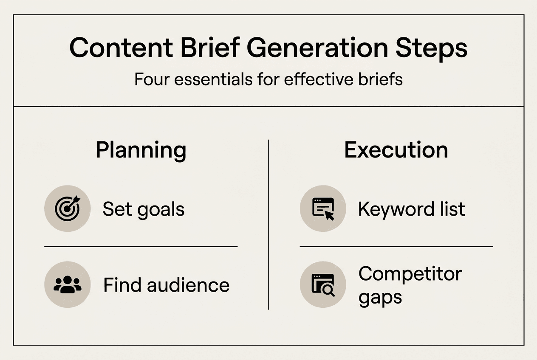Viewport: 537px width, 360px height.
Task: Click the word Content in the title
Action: click(x=121, y=48)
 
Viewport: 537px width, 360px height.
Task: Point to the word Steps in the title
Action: click(x=431, y=49)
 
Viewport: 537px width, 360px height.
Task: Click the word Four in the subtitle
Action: click(x=152, y=79)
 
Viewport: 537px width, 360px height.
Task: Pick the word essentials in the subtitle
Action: click(x=213, y=79)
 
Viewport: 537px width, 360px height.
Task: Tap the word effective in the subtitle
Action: click(x=319, y=79)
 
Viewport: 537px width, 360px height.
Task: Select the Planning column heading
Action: click(x=141, y=151)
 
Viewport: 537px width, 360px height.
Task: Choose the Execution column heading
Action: click(x=396, y=150)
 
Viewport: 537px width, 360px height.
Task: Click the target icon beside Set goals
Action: click(x=68, y=208)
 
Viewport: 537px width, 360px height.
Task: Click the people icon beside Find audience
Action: click(x=68, y=284)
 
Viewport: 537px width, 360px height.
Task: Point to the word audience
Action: click(x=188, y=285)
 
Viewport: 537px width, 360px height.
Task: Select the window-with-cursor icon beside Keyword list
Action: click(x=323, y=208)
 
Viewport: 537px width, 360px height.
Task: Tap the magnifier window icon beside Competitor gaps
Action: click(x=323, y=285)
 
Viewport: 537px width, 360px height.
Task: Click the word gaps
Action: click(x=380, y=298)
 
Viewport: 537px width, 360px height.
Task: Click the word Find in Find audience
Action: click(x=122, y=285)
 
